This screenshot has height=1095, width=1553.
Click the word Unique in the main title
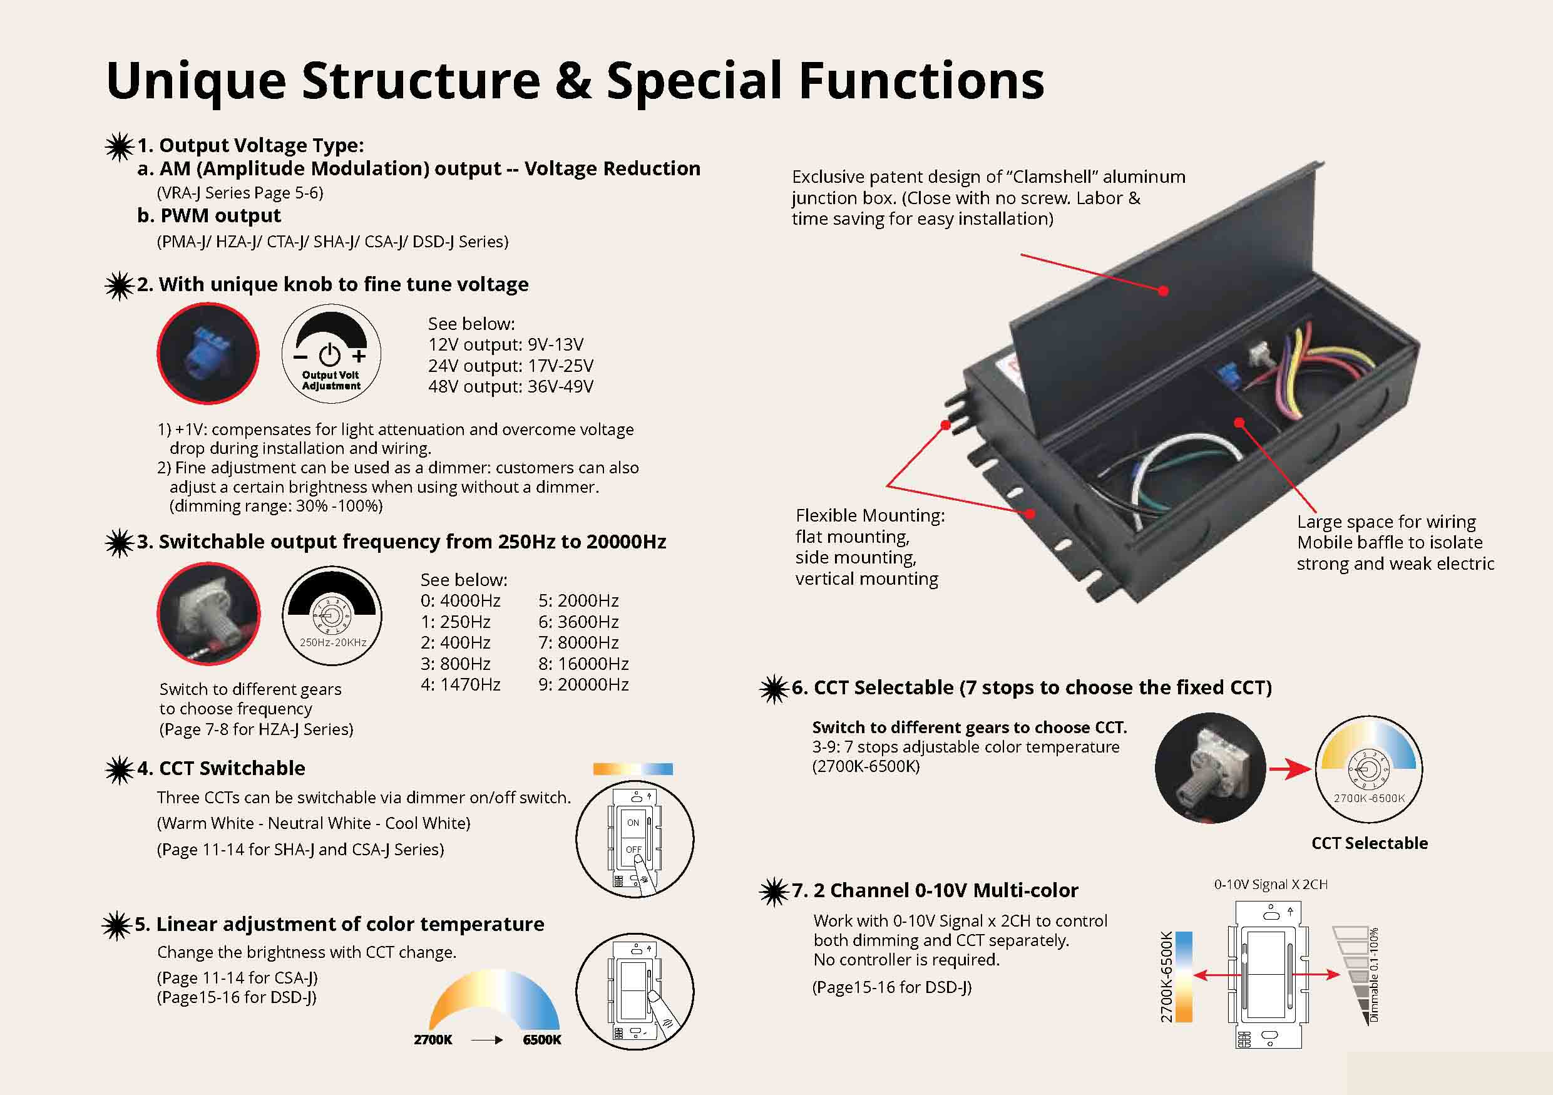[x=196, y=81]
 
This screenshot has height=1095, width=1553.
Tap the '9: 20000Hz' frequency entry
[x=583, y=684]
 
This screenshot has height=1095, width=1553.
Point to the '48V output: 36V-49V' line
[x=511, y=387]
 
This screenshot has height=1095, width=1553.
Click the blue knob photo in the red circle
[x=208, y=353]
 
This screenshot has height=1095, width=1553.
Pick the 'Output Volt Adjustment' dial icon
[x=331, y=354]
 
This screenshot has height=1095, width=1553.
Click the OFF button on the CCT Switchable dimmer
[x=633, y=849]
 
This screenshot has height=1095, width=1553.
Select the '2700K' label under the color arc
[x=433, y=1039]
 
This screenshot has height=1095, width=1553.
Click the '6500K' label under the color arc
[x=542, y=1039]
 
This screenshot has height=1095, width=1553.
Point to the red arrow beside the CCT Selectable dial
[x=1290, y=769]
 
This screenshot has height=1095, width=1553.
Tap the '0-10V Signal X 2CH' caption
[x=1270, y=885]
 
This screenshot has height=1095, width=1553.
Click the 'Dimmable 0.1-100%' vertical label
[x=1374, y=975]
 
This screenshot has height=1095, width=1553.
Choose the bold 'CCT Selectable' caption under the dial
[x=1369, y=843]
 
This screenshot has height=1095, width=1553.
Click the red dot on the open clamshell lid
[x=1164, y=291]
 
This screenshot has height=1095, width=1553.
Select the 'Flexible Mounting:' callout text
[x=870, y=516]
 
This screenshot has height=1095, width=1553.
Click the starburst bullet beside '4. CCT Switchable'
[x=119, y=769]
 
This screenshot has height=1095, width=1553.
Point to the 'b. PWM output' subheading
[x=209, y=216]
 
